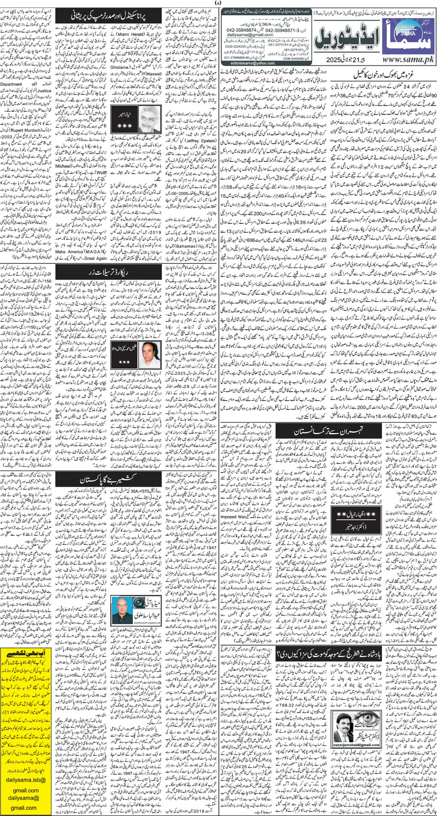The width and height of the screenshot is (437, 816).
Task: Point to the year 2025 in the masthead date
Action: (334, 60)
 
